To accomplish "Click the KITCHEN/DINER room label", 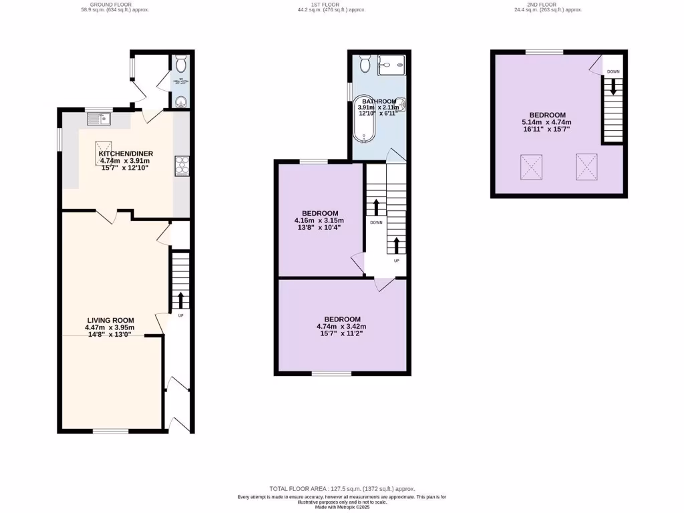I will click(x=124, y=153).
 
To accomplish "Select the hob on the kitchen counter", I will click(x=181, y=165).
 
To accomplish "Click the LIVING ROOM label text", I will click(x=110, y=320).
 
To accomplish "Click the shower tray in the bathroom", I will click(x=391, y=65).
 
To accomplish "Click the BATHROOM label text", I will click(x=379, y=101).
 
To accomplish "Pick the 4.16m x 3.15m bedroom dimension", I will click(x=319, y=220).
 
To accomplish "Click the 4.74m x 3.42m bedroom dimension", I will click(x=341, y=327).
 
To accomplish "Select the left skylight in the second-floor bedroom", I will click(x=532, y=166).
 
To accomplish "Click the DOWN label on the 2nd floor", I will click(x=613, y=71).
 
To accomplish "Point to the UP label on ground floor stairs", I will click(x=180, y=315).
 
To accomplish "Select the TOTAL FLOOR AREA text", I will click(x=341, y=488).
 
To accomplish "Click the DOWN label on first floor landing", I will click(x=376, y=222).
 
